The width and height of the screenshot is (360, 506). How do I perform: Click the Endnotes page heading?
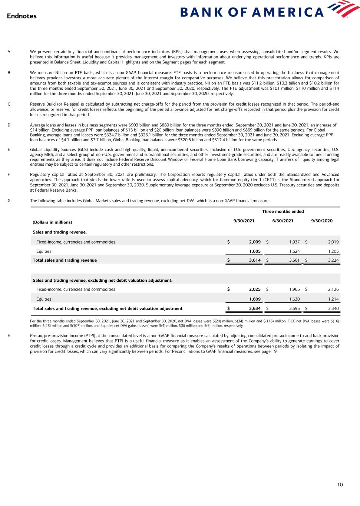coord(22,16)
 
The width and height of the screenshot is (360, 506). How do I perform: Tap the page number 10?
coord(340,484)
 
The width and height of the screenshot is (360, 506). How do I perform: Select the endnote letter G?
coord(9,201)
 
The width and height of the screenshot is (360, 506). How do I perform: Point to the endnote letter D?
coord(9,125)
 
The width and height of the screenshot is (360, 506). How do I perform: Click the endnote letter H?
coord(9,336)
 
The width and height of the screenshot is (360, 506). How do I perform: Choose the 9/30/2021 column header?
coord(244,221)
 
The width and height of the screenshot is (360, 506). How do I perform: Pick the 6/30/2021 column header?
coord(283,221)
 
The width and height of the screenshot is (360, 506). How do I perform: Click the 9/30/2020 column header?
coord(322,221)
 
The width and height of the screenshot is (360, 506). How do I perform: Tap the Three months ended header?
coord(283,212)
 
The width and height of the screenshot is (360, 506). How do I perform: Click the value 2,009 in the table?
coord(255,242)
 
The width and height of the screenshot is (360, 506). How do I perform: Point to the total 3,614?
coord(255,260)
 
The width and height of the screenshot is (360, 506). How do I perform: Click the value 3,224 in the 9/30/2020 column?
coord(333,260)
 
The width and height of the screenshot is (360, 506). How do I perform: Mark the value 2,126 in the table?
coord(333,289)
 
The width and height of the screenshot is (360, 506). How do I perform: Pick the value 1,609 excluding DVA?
coord(255,299)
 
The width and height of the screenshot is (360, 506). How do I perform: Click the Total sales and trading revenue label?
coord(65,260)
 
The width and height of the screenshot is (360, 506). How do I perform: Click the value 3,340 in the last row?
coord(333,308)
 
